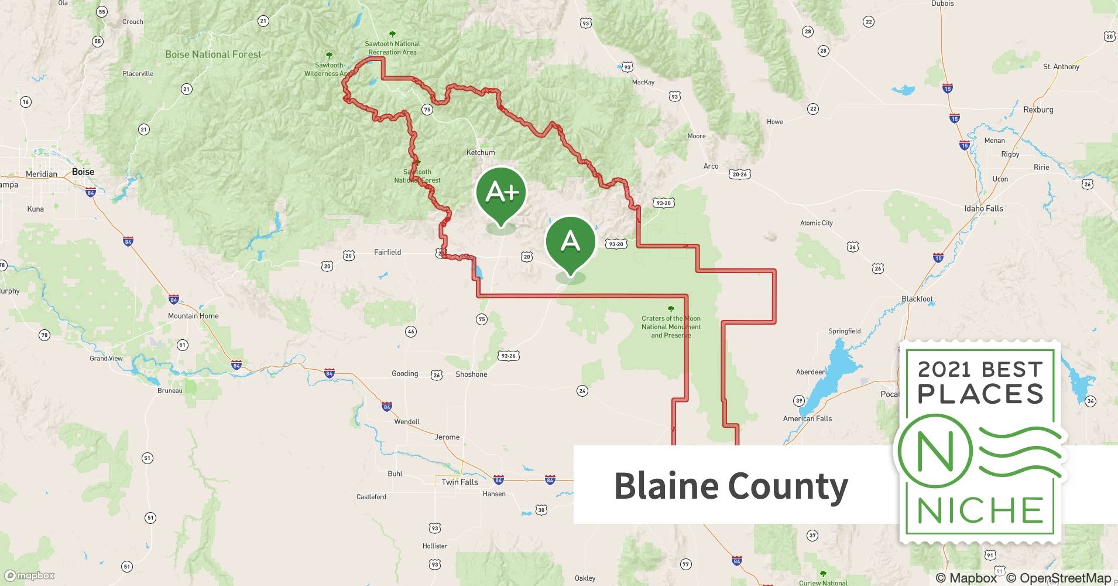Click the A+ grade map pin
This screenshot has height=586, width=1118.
click(x=501, y=193)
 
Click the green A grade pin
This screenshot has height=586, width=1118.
click(x=570, y=242)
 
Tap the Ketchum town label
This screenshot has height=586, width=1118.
click(x=480, y=152)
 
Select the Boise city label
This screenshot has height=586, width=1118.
click(x=83, y=172)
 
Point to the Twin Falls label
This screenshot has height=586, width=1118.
click(x=459, y=482)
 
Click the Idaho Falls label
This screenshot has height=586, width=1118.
click(x=983, y=209)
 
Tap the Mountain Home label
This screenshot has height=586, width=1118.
click(x=193, y=316)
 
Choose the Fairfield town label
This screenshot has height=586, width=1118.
click(x=387, y=253)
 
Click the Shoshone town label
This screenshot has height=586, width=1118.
click(x=471, y=374)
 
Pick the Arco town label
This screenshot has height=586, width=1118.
click(x=711, y=166)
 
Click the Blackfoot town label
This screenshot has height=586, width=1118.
click(x=917, y=299)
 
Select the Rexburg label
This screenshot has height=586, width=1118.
click(x=1038, y=110)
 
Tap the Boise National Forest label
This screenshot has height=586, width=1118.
click(x=213, y=54)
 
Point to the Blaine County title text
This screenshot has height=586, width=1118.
click(x=731, y=486)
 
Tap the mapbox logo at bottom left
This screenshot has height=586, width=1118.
click(x=29, y=575)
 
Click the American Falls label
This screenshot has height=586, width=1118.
click(x=807, y=418)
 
